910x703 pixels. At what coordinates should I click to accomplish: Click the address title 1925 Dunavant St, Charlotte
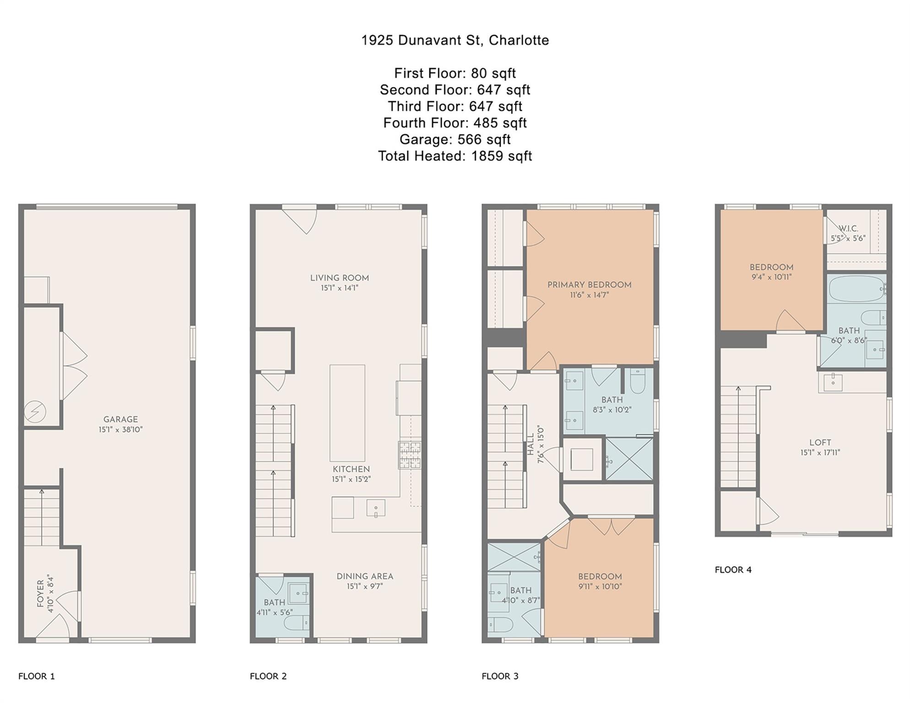pyautogui.click(x=455, y=41)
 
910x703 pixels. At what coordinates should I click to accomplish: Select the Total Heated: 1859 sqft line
pyautogui.click(x=455, y=156)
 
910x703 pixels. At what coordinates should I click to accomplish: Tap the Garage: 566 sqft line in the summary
pyautogui.click(x=455, y=140)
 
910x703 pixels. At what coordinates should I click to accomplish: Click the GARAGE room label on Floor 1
pyautogui.click(x=120, y=419)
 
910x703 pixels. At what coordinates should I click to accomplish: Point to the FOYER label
pyautogui.click(x=40, y=594)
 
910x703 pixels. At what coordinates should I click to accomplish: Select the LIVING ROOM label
pyautogui.click(x=339, y=278)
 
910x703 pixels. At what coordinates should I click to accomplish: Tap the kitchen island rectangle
pyautogui.click(x=347, y=413)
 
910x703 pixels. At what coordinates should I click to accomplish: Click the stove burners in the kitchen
pyautogui.click(x=410, y=455)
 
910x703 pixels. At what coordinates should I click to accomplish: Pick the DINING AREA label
pyautogui.click(x=365, y=576)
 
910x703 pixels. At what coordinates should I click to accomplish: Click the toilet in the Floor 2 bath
pyautogui.click(x=297, y=622)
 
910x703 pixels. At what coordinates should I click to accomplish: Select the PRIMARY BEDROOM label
pyautogui.click(x=590, y=285)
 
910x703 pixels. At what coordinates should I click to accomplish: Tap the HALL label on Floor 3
pyautogui.click(x=531, y=445)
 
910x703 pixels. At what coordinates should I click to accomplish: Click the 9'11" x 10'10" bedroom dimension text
pyautogui.click(x=600, y=586)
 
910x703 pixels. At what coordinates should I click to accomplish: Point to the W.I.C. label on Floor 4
pyautogui.click(x=848, y=228)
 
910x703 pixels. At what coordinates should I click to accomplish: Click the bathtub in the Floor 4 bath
pyautogui.click(x=856, y=288)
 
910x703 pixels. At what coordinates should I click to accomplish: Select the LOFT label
pyautogui.click(x=820, y=443)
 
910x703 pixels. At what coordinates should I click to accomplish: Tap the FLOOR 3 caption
pyautogui.click(x=500, y=676)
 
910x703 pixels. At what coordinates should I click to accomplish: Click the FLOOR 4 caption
pyautogui.click(x=733, y=570)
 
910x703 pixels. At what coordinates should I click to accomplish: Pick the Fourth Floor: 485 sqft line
pyautogui.click(x=455, y=123)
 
